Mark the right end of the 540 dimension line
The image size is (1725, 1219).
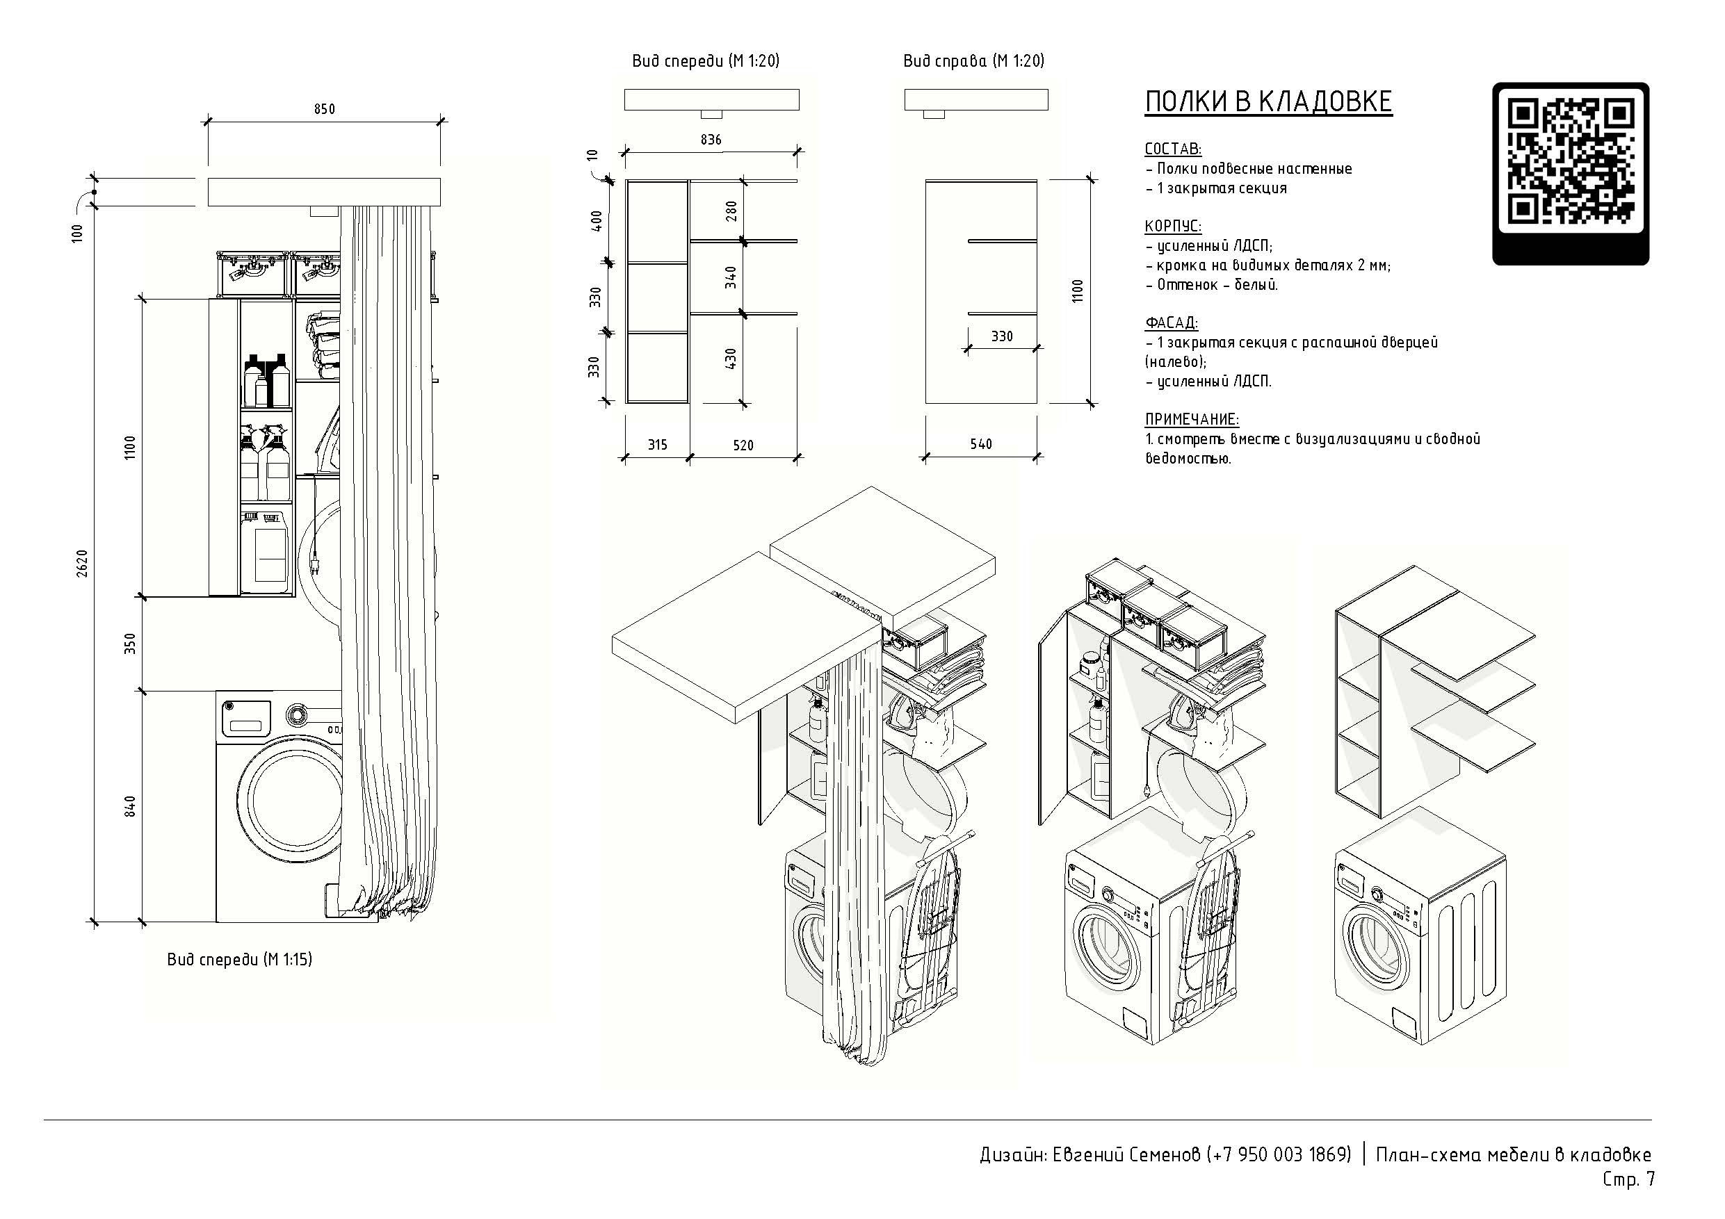pyautogui.click(x=1037, y=456)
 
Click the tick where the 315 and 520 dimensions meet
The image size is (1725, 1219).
pyautogui.click(x=689, y=456)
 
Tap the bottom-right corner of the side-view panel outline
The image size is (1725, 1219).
pyautogui.click(x=1037, y=403)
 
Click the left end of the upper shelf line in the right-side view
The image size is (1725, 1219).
pyautogui.click(x=969, y=241)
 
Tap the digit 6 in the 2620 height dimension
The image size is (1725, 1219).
pyautogui.click(x=82, y=567)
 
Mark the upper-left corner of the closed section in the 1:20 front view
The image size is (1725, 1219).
pyautogui.click(x=626, y=181)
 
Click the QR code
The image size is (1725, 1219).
pyautogui.click(x=1570, y=174)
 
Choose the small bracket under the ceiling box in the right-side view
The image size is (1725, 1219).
pyautogui.click(x=934, y=114)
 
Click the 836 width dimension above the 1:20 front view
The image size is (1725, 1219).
pyautogui.click(x=711, y=140)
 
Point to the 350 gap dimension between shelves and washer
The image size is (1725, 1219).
pyautogui.click(x=131, y=644)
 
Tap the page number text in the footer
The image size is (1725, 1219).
pyautogui.click(x=1629, y=1179)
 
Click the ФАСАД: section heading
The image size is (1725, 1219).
pyautogui.click(x=1172, y=323)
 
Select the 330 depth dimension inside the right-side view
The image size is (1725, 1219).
pyautogui.click(x=1002, y=336)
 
